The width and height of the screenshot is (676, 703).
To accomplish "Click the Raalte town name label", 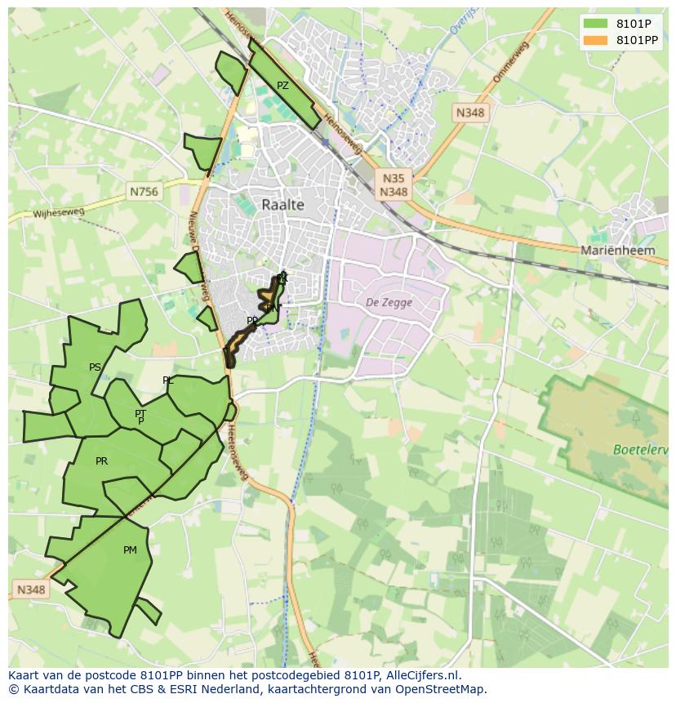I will click(282, 205).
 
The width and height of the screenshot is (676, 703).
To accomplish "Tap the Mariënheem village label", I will click(617, 251).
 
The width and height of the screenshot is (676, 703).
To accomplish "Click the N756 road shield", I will click(145, 191).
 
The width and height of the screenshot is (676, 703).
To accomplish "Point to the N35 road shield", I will click(393, 178).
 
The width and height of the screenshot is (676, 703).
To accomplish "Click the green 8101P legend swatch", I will click(596, 24).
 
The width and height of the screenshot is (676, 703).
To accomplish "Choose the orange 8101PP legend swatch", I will click(596, 40).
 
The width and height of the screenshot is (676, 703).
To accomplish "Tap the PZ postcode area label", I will click(282, 86).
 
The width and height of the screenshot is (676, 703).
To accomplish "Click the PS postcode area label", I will click(95, 367).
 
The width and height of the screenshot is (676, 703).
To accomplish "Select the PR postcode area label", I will click(101, 461).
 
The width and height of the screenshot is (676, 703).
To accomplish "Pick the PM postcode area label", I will click(130, 550).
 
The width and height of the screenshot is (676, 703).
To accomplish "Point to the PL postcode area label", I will click(167, 380).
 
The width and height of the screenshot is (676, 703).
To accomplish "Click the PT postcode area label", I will click(140, 414).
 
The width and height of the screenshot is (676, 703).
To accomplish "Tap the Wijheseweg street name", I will click(59, 213).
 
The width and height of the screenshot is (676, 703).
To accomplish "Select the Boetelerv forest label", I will click(641, 449).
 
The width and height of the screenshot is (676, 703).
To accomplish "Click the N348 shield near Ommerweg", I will click(471, 113).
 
